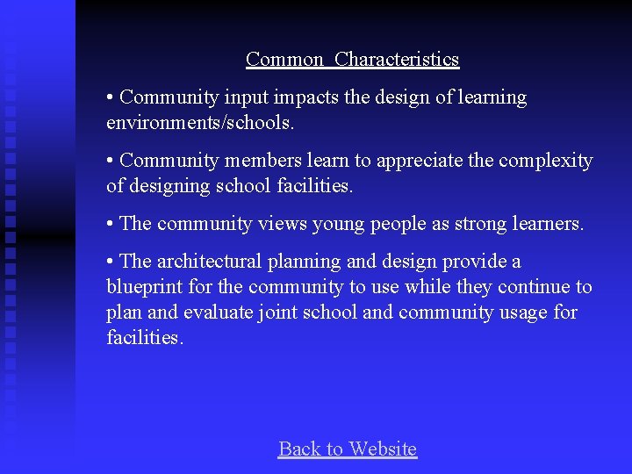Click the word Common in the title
tap(284, 60)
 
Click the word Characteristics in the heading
tap(397, 60)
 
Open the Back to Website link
tap(348, 449)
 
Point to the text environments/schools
tap(200, 123)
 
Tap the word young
tap(335, 225)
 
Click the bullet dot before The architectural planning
tap(111, 262)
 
